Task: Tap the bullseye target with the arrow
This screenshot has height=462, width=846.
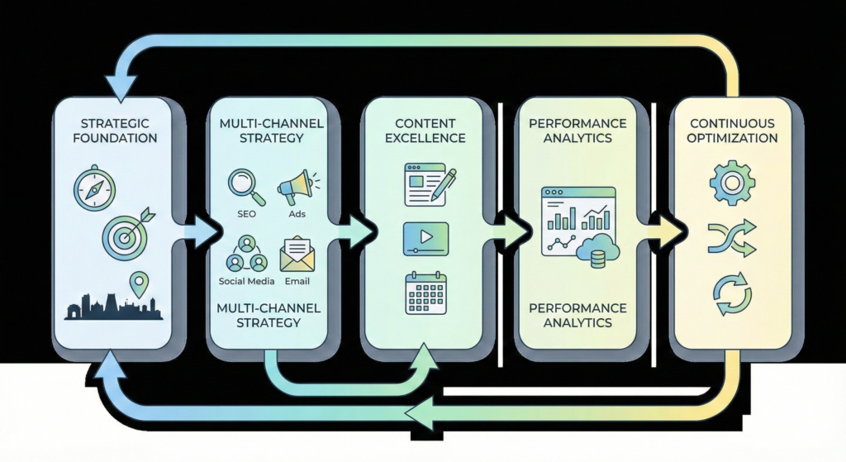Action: click(126, 234)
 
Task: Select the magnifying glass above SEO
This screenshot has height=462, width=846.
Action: click(245, 187)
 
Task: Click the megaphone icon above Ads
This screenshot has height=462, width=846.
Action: click(296, 188)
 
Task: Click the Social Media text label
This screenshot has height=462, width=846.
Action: click(246, 280)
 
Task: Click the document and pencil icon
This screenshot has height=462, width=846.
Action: click(425, 183)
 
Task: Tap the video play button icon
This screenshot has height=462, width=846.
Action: click(425, 238)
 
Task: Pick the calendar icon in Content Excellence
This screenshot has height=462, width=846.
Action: click(425, 293)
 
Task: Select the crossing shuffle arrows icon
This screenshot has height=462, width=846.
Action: click(730, 238)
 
